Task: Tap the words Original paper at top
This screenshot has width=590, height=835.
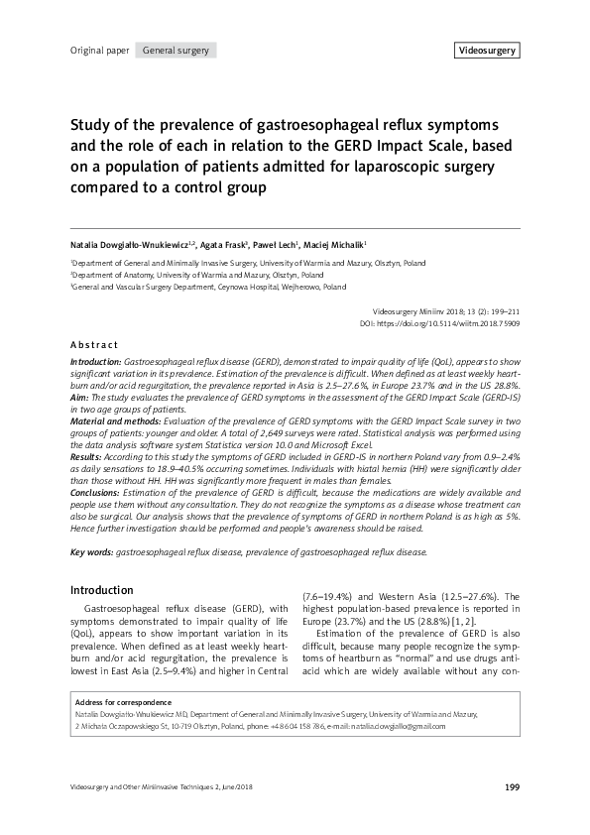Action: click(x=99, y=50)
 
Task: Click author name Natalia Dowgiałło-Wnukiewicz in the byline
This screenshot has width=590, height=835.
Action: click(x=134, y=243)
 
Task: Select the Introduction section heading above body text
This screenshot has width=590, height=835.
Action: click(x=101, y=589)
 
